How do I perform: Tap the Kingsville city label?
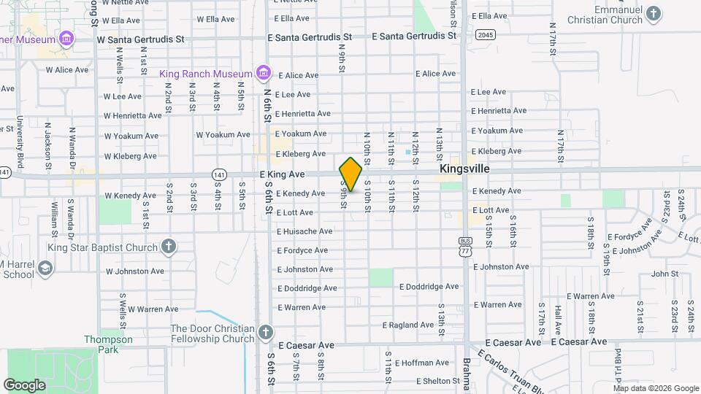pyautogui.click(x=464, y=169)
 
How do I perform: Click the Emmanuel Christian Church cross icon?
pyautogui.click(x=654, y=12)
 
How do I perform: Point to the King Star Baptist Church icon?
pyautogui.click(x=168, y=247)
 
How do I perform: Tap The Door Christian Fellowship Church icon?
pyautogui.click(x=264, y=333)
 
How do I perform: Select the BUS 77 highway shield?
pyautogui.click(x=465, y=246)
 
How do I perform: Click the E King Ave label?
pyautogui.click(x=282, y=174)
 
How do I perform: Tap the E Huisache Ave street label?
pyautogui.click(x=304, y=231)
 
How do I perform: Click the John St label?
pyautogui.click(x=664, y=274)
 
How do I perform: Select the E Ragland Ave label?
pyautogui.click(x=408, y=325)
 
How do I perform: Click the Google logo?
pyautogui.click(x=24, y=385)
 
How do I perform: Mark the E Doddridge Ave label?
pyautogui.click(x=429, y=287)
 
